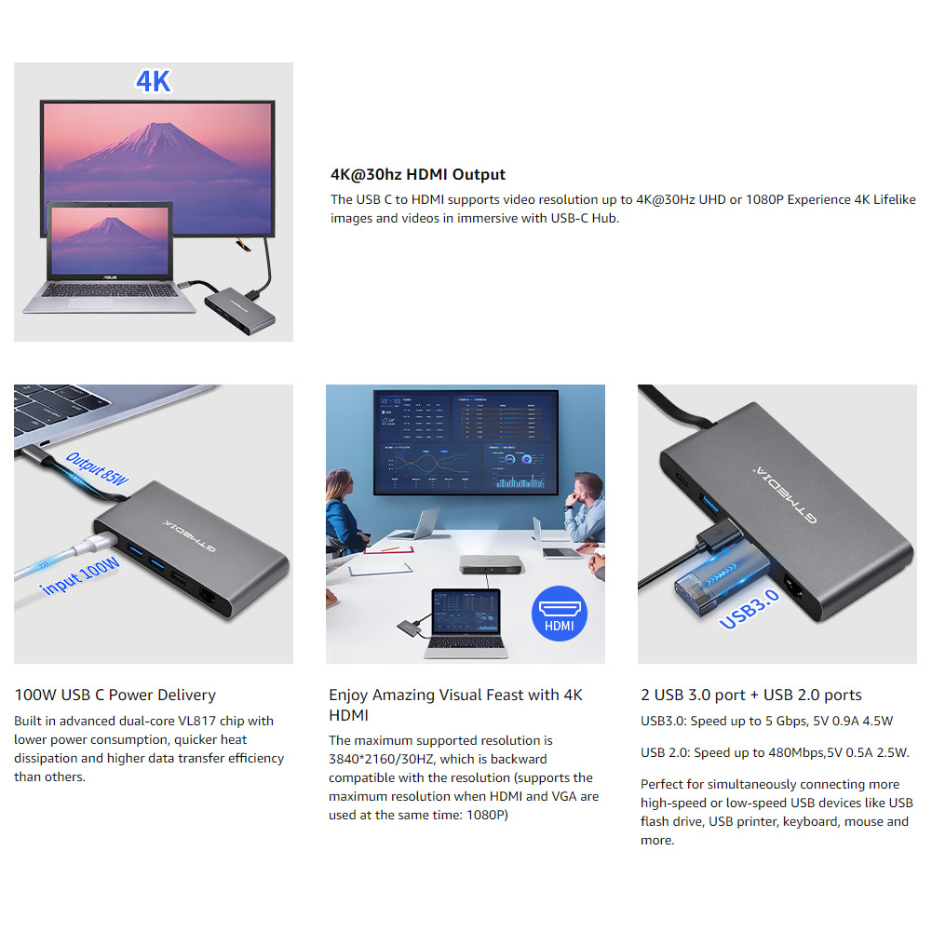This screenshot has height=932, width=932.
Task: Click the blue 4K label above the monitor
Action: pyautogui.click(x=154, y=81)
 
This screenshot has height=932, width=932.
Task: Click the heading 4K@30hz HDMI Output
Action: pyautogui.click(x=418, y=174)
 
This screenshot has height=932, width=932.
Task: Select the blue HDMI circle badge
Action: pyautogui.click(x=559, y=616)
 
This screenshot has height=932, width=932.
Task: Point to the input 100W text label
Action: pyautogui.click(x=81, y=577)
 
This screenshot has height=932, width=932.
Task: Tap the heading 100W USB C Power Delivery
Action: pyautogui.click(x=115, y=695)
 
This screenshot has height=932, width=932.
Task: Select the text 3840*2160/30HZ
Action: pyautogui.click(x=382, y=759)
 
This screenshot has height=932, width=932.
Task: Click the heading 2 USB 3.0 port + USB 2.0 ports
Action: pyautogui.click(x=750, y=695)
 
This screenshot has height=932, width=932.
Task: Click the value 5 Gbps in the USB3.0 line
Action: pyautogui.click(x=784, y=721)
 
